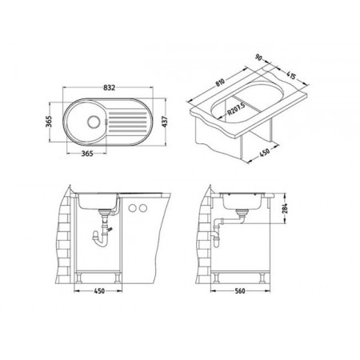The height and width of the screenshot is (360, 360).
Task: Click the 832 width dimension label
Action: coord(109,87)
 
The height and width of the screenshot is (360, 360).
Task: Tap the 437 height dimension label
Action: coord(165,122)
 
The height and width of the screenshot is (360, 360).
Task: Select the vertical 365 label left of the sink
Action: coord(48,122)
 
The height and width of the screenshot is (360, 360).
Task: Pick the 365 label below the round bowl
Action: coord(87,154)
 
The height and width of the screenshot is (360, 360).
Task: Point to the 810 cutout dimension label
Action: coord(220,82)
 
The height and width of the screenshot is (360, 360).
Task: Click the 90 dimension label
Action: coord(258,58)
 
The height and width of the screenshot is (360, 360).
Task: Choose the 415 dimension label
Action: coord(291,75)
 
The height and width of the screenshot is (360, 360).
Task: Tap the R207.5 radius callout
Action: coord(236,109)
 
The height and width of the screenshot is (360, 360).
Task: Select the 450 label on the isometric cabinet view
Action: coord(264,152)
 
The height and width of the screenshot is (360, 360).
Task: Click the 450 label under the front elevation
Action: coord(99,291)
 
